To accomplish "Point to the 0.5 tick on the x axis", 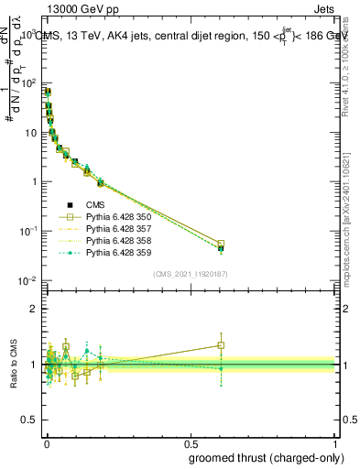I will tap(191, 442).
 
